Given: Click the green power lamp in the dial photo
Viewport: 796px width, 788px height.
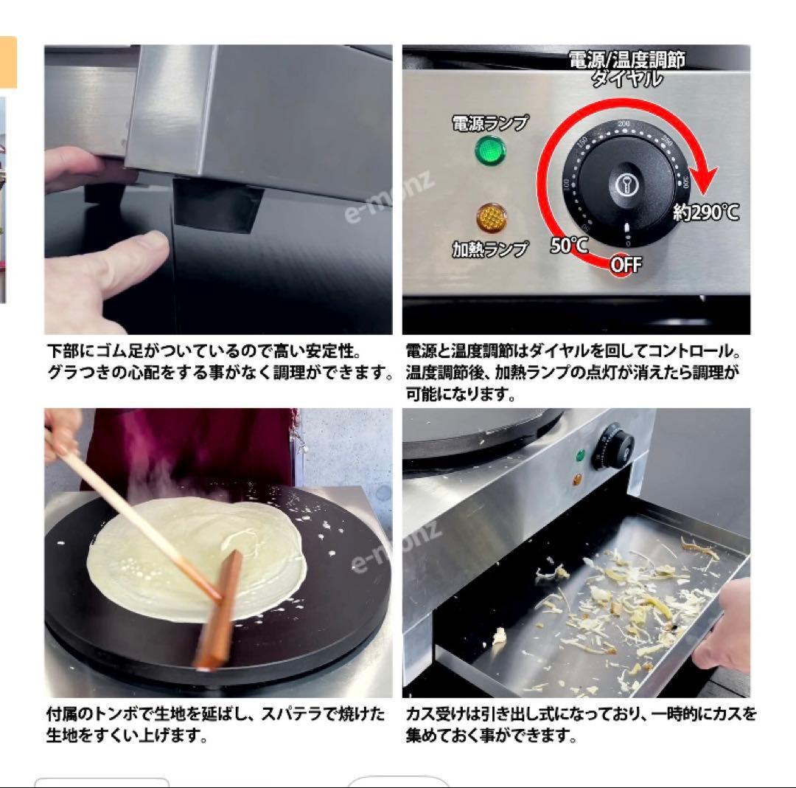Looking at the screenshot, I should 490,153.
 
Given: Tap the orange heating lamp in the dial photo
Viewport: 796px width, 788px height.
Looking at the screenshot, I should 490,217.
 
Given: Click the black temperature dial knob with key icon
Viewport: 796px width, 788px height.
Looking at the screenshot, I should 625,184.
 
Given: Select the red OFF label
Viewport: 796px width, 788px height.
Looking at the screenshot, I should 626,265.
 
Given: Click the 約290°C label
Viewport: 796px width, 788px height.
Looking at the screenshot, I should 705,213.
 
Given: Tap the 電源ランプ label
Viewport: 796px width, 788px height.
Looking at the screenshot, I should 490,123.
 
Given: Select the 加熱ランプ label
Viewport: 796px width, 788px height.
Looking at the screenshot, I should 490,249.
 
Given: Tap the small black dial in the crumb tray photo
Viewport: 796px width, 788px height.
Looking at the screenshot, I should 615,445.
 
